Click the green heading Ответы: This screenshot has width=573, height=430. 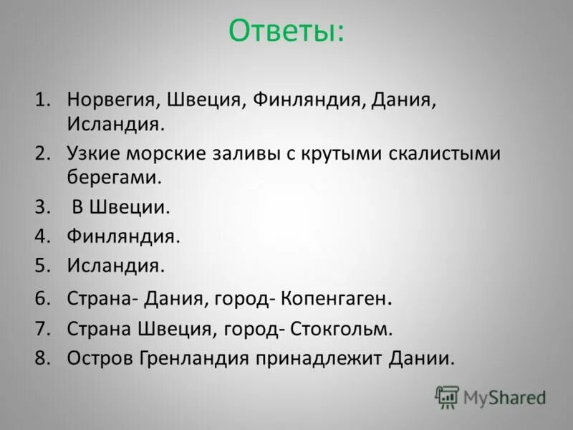click(x=286, y=32)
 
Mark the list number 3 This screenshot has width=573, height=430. click(x=43, y=208)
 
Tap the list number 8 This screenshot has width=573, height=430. click(x=43, y=358)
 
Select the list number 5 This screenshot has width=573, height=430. click(x=43, y=266)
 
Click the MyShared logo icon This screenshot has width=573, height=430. click(x=448, y=396)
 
